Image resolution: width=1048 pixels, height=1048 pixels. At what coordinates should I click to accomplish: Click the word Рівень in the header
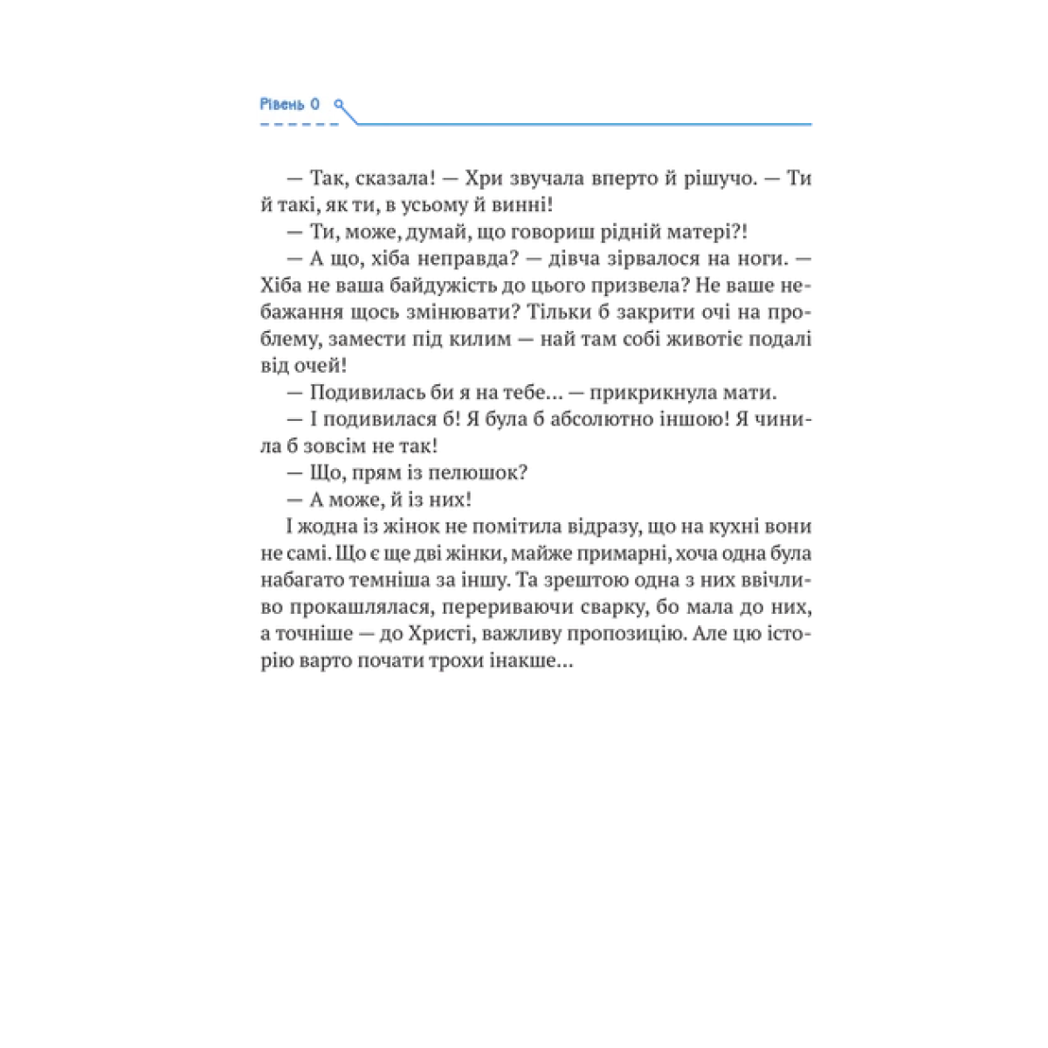(280, 105)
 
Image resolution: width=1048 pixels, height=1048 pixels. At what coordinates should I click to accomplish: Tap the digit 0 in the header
(315, 105)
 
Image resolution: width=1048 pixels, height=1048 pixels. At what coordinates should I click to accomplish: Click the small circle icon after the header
(339, 105)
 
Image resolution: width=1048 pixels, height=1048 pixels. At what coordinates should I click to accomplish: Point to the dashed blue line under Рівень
(299, 125)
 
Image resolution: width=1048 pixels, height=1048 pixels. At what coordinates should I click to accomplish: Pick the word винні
(527, 205)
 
